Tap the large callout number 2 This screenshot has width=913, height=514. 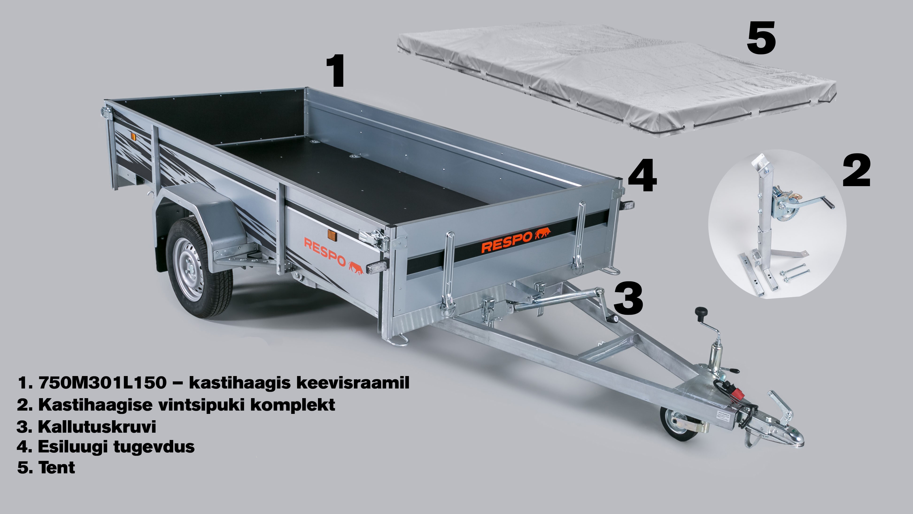856,171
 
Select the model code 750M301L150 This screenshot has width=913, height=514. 103,382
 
